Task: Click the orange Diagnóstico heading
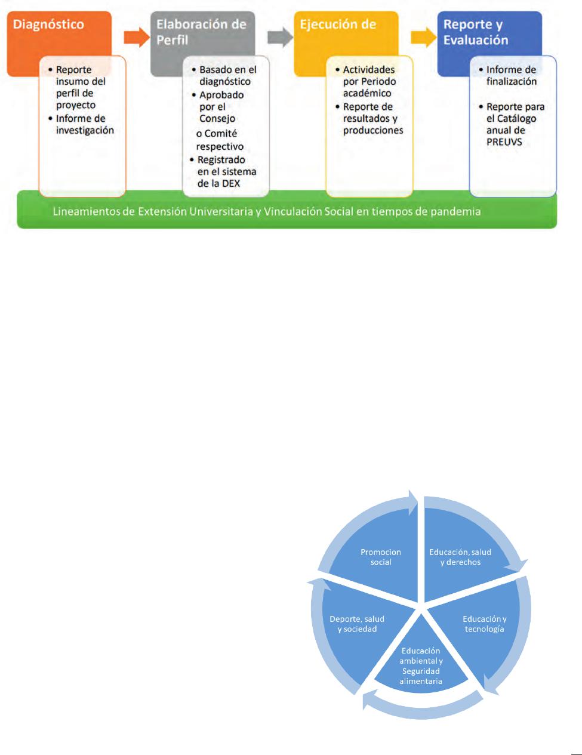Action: point(48,24)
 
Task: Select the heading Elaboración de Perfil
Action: point(201,32)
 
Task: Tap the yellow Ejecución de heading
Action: point(338,24)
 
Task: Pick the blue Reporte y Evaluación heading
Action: point(476,32)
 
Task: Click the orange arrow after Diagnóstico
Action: point(137,37)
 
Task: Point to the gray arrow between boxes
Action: point(281,37)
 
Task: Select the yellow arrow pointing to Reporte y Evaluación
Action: point(424,37)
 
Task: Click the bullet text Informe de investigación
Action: point(84,124)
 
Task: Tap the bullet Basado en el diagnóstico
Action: point(227,75)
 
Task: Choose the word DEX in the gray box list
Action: point(230,183)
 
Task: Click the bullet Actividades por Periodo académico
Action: point(369,81)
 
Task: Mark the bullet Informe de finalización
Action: point(511,75)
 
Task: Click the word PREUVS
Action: point(504,142)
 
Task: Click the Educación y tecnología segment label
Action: point(484,624)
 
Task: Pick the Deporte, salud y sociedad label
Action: point(357,624)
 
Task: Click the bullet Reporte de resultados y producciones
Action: point(373,119)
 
